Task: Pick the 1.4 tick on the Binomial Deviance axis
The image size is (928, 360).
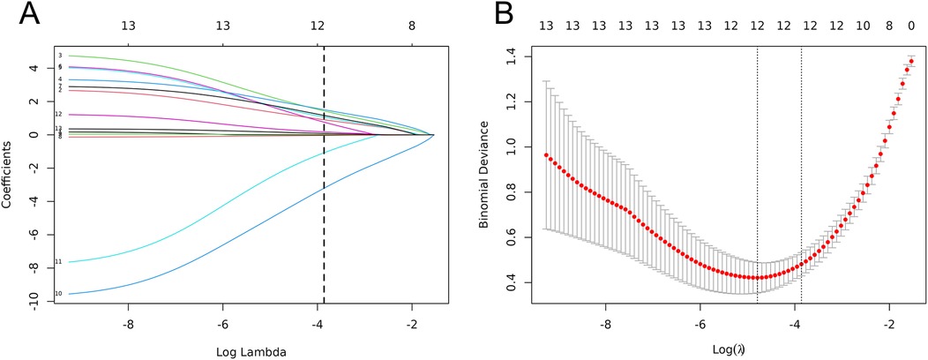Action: [511, 56]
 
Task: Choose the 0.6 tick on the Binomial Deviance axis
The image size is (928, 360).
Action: [511, 237]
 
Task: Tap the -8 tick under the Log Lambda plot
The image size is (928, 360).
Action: [129, 323]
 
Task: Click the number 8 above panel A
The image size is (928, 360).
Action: [411, 27]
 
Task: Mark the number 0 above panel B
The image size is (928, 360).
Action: [911, 27]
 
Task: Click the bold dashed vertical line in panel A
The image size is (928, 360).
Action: [324, 176]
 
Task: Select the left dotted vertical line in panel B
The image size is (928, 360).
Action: [757, 176]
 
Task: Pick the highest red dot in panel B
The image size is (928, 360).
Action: [911, 62]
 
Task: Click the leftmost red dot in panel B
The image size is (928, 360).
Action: [546, 155]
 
